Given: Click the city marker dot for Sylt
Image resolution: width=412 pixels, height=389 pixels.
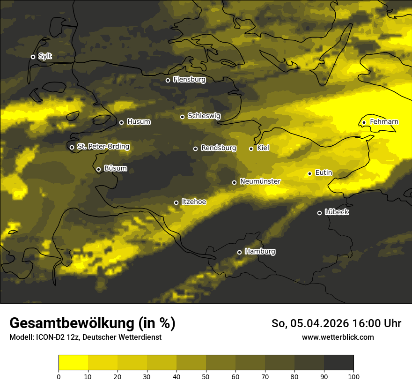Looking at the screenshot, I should click(x=33, y=57).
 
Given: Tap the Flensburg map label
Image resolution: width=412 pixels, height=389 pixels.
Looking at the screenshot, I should click(x=189, y=80).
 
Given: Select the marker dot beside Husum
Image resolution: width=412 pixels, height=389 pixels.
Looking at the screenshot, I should click(x=121, y=122).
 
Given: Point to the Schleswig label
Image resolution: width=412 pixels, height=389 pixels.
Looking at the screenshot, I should click(x=204, y=116).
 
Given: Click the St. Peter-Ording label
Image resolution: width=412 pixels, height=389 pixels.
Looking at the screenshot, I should click(x=103, y=147).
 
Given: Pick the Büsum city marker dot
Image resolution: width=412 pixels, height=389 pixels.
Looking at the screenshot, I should click(x=98, y=170).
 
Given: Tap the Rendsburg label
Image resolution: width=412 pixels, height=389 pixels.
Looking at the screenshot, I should click(x=219, y=148).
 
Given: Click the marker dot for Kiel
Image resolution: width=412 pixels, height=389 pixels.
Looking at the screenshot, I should click(x=251, y=149).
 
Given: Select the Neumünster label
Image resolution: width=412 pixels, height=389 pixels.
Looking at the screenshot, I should click(x=260, y=181).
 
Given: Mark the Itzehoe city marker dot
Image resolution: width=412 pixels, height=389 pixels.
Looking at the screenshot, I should click(x=176, y=202).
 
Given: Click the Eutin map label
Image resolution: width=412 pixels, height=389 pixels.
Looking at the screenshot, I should click(x=324, y=173).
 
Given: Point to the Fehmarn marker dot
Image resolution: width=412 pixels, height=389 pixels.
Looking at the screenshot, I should click(x=364, y=123).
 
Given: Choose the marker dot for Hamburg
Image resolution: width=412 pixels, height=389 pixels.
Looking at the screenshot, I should click(x=239, y=252).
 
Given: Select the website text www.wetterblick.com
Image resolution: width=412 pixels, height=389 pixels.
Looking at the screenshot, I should click(x=338, y=337).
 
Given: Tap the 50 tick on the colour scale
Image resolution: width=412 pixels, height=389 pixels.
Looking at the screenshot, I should click(x=206, y=376).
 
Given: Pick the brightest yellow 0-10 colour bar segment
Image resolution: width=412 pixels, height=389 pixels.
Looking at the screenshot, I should click(x=73, y=362).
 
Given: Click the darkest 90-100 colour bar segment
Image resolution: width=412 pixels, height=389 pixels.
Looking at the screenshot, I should click(x=338, y=362).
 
